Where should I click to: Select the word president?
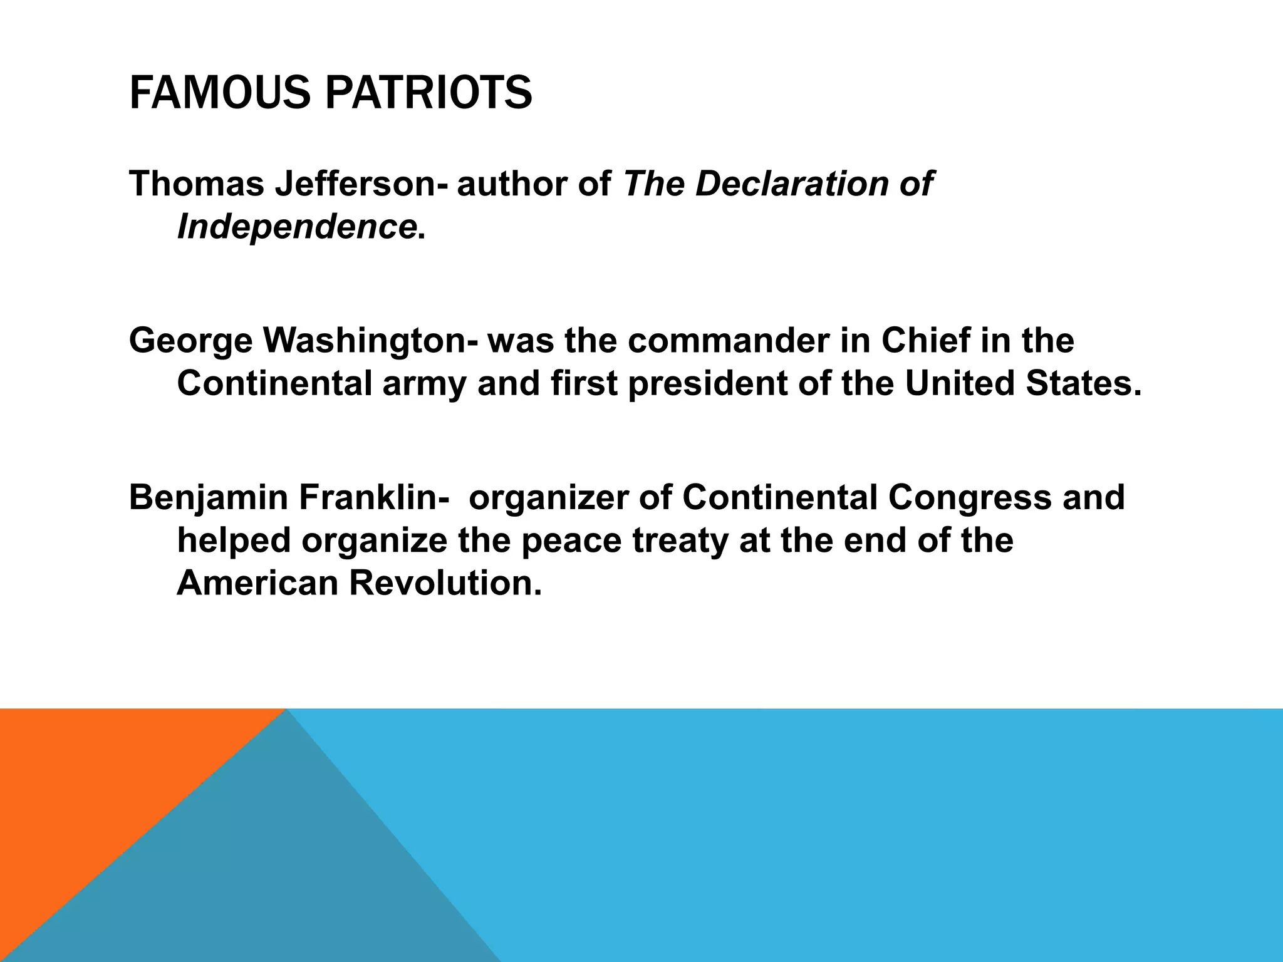[x=708, y=383]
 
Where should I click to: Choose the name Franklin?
[x=373, y=498]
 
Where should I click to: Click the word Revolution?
[x=445, y=582]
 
